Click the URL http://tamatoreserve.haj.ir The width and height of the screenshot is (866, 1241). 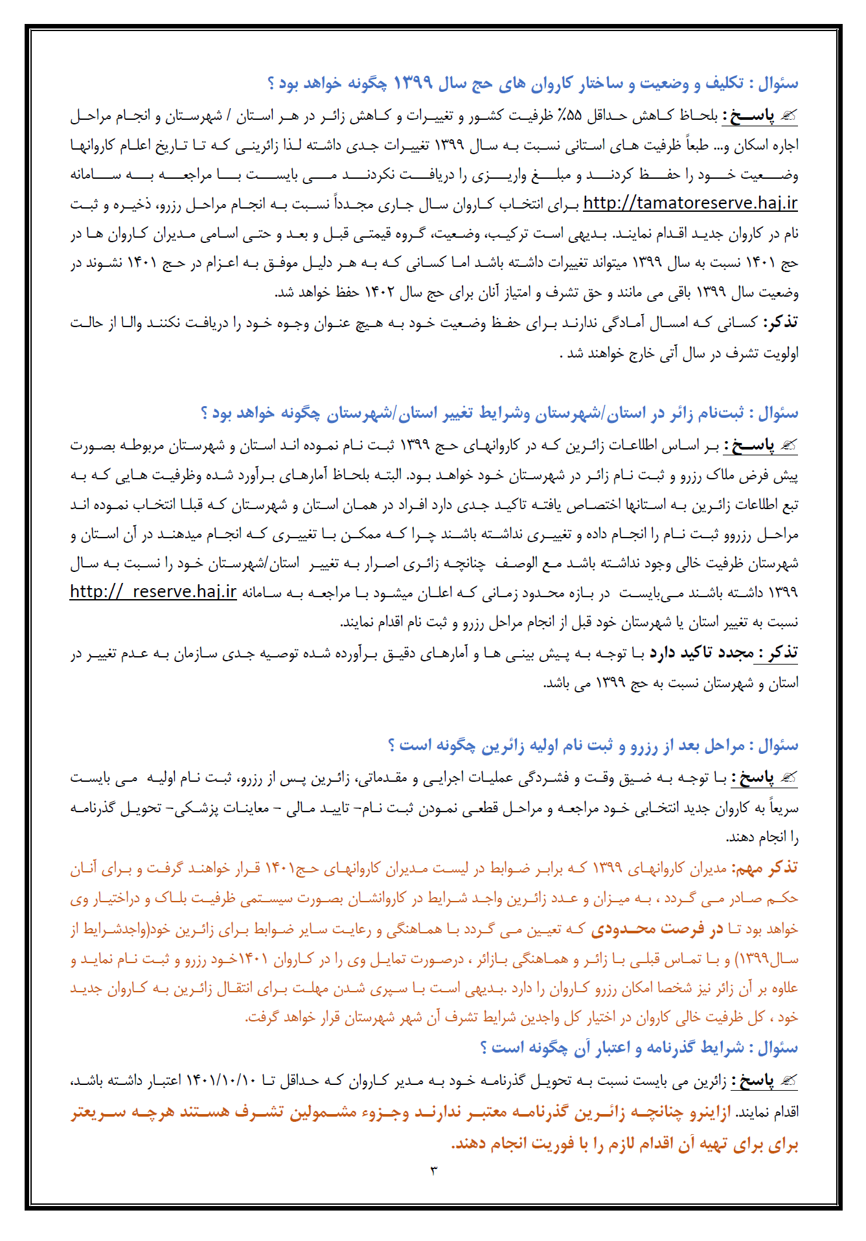[690, 203]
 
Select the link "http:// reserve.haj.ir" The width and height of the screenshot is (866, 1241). [153, 592]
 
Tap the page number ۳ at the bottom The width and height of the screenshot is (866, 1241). [433, 1170]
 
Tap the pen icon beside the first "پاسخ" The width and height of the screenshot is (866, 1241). [788, 116]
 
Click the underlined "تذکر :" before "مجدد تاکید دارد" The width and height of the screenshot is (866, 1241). [778, 652]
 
